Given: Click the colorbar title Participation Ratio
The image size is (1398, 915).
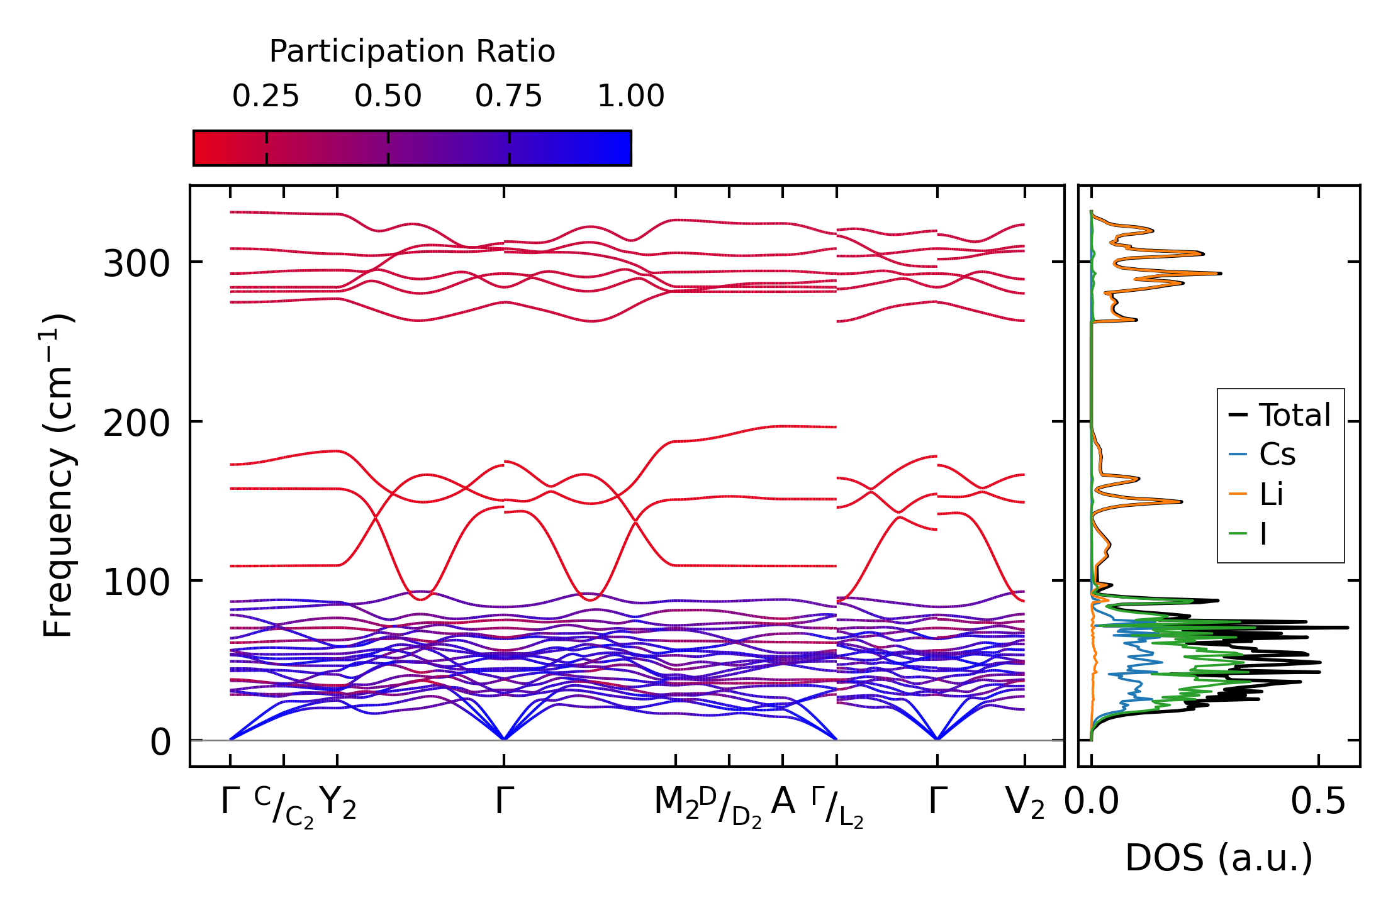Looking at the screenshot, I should point(412,52).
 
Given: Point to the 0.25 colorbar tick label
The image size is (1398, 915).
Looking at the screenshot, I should point(266,96).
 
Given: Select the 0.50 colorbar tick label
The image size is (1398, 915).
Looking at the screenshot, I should point(388,96).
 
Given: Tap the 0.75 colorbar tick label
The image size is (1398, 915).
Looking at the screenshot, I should point(508,96).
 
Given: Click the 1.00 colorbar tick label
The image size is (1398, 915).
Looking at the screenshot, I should point(630,96).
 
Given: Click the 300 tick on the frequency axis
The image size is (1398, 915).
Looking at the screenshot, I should point(137,263).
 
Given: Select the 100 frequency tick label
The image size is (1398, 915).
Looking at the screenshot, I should point(137,582).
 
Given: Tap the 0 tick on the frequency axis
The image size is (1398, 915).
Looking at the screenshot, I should point(160,743).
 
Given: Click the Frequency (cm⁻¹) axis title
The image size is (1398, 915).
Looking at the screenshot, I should point(59,475).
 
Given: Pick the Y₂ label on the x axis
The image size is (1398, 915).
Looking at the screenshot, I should point(338,803).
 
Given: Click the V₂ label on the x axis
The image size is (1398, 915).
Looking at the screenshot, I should point(1025,803).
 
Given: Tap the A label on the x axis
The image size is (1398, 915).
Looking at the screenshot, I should point(783,801).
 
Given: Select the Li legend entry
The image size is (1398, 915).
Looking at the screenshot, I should point(1272,494).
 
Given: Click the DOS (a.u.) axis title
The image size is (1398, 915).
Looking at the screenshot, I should point(1219,858).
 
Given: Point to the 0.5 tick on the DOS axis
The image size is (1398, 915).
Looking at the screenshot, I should point(1318,802).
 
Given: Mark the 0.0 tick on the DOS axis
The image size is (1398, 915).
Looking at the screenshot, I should point(1092,802).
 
